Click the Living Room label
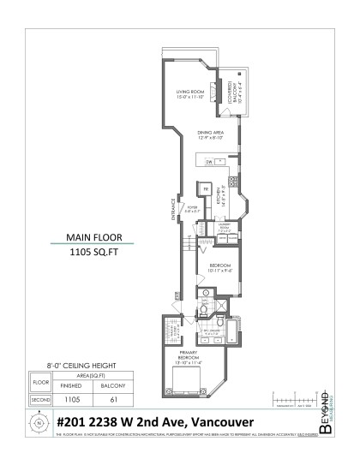tap(190, 94)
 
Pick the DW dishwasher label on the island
tap(209, 160)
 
